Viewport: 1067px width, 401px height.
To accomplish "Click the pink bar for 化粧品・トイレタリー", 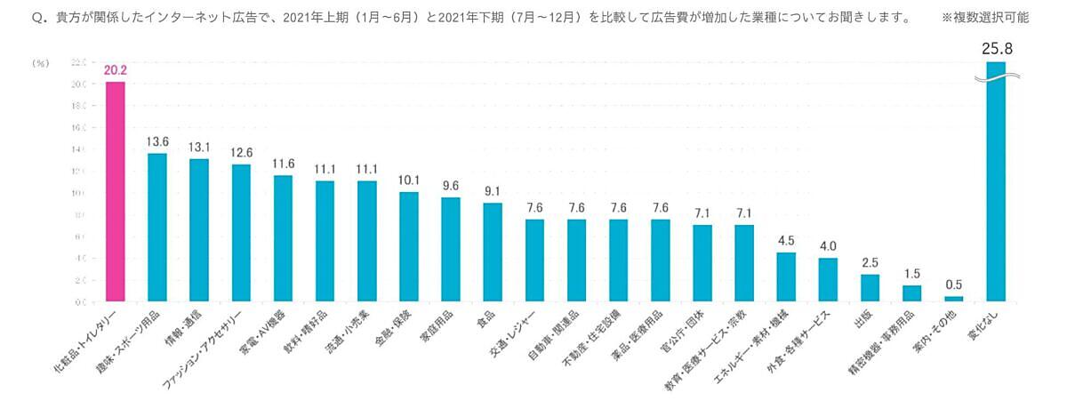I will pyautogui.click(x=115, y=191).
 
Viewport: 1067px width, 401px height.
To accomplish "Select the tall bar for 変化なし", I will pyautogui.click(x=996, y=187).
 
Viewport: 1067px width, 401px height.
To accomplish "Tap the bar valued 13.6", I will pyautogui.click(x=157, y=228).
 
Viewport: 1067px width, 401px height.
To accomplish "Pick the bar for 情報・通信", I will pyautogui.click(x=199, y=230).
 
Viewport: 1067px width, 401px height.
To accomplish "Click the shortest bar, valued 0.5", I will pyautogui.click(x=953, y=299).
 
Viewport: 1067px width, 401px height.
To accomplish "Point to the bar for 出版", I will pyautogui.click(x=870, y=288).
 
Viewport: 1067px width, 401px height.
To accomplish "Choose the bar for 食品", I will pyautogui.click(x=493, y=252).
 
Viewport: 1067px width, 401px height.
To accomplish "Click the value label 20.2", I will pyautogui.click(x=116, y=69).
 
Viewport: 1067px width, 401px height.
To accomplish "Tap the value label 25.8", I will pyautogui.click(x=997, y=49).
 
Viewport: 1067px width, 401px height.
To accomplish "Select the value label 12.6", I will pyautogui.click(x=241, y=152).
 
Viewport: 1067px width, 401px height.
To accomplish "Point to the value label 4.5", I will pyautogui.click(x=786, y=240).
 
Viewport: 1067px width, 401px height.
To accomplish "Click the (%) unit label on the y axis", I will pyautogui.click(x=40, y=63).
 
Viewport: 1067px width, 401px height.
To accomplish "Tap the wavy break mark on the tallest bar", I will pyautogui.click(x=996, y=77).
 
